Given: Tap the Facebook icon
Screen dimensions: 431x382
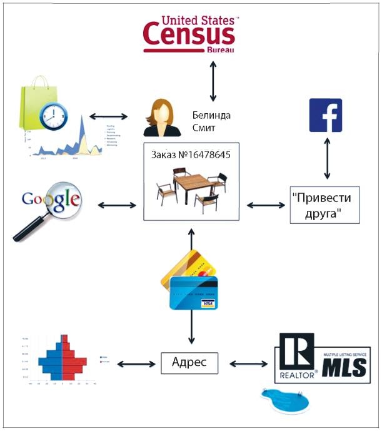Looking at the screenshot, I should point(326,115).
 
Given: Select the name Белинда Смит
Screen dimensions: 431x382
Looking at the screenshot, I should point(211,121).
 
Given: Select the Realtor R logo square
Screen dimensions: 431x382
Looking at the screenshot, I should point(296,354).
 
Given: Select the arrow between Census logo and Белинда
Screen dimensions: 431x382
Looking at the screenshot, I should point(213,80).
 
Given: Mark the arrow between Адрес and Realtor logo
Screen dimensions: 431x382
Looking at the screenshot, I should point(249,363).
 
